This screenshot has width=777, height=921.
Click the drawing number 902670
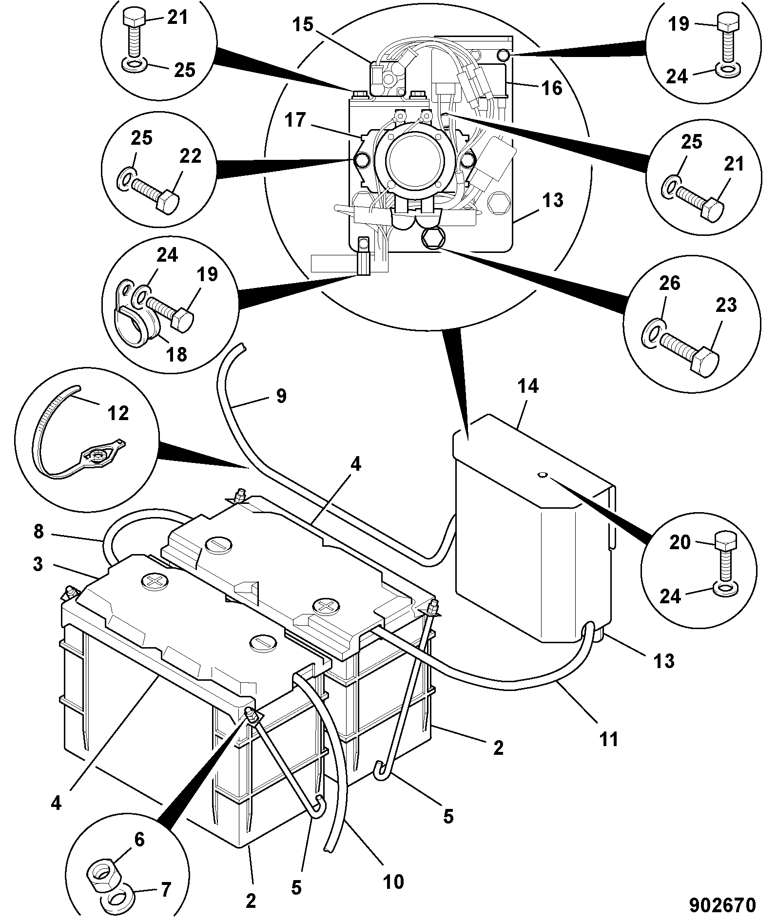point(722,905)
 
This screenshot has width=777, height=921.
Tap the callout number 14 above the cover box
point(528,386)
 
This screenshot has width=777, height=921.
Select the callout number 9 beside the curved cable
point(281,396)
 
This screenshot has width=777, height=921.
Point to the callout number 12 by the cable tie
point(118,413)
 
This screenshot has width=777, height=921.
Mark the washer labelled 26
point(653,336)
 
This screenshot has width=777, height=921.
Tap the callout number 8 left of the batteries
point(39,531)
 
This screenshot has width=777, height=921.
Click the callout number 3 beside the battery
point(39,564)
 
